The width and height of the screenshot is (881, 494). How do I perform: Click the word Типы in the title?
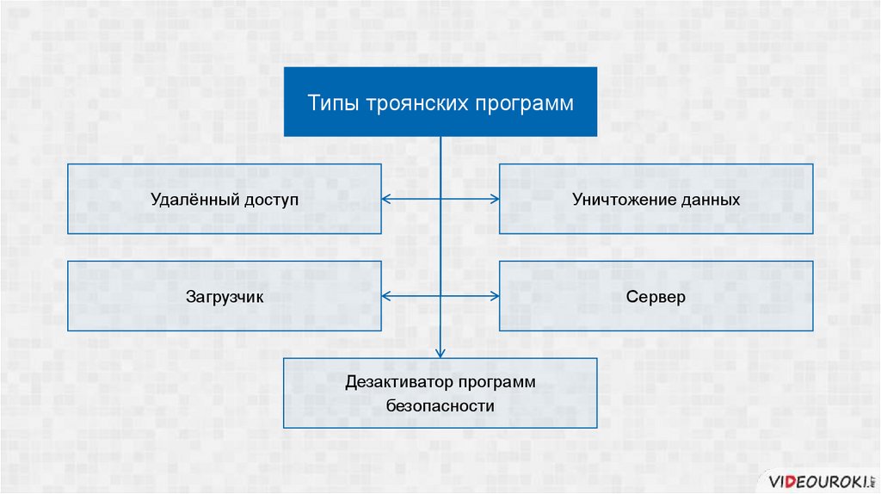[330, 103]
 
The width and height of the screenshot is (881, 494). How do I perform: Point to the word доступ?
[269, 200]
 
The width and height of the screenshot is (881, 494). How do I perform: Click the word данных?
[712, 200]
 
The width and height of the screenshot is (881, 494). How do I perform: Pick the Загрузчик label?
[225, 297]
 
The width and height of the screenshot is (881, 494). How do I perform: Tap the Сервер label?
[656, 297]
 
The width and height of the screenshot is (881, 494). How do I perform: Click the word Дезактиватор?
[399, 382]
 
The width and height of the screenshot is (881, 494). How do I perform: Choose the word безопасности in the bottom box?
[440, 405]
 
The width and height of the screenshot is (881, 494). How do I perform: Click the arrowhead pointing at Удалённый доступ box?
[385, 200]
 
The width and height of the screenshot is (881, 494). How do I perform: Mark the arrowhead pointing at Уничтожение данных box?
[495, 200]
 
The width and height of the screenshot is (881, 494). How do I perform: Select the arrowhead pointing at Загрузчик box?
[385, 296]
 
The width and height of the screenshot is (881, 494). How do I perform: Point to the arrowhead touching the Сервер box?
[495, 296]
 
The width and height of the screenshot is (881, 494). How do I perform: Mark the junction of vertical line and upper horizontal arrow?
[440, 200]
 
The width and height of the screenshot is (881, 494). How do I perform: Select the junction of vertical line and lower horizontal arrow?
[440, 296]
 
